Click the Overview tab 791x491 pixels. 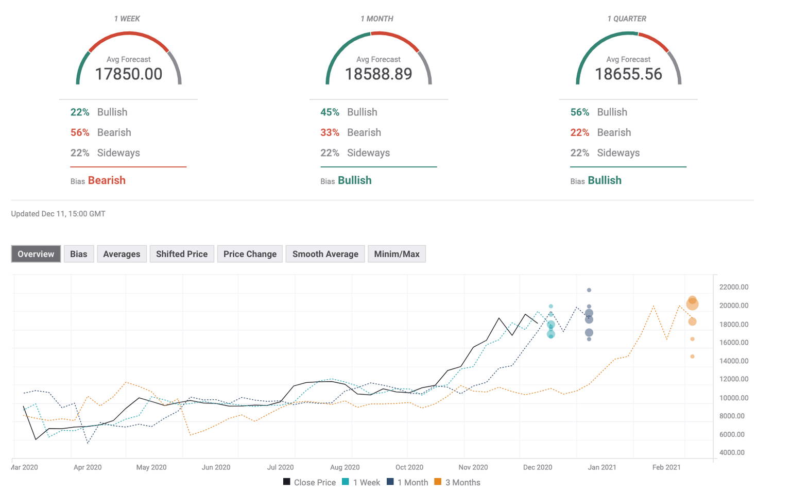(x=36, y=254)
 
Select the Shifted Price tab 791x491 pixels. (x=181, y=254)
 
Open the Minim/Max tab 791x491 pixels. (x=397, y=254)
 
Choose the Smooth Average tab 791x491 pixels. (x=325, y=254)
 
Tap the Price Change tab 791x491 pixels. (x=250, y=254)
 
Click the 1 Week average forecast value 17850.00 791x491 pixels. (x=129, y=74)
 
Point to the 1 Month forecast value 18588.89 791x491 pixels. (x=379, y=74)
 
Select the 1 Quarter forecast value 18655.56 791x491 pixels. (x=628, y=74)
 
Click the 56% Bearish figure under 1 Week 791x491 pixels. (x=80, y=132)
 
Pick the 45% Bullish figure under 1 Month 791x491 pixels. (x=330, y=112)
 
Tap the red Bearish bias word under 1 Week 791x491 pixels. (x=107, y=180)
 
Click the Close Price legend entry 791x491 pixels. (x=309, y=482)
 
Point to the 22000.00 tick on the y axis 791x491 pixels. (x=734, y=287)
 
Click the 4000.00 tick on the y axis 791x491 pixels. (x=732, y=452)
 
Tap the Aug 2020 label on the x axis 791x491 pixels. (x=345, y=467)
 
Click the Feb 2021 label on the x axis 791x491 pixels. (x=666, y=467)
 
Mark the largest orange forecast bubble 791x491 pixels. (x=692, y=304)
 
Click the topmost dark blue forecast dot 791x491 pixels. (x=589, y=290)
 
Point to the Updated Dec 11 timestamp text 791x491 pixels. (x=58, y=214)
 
